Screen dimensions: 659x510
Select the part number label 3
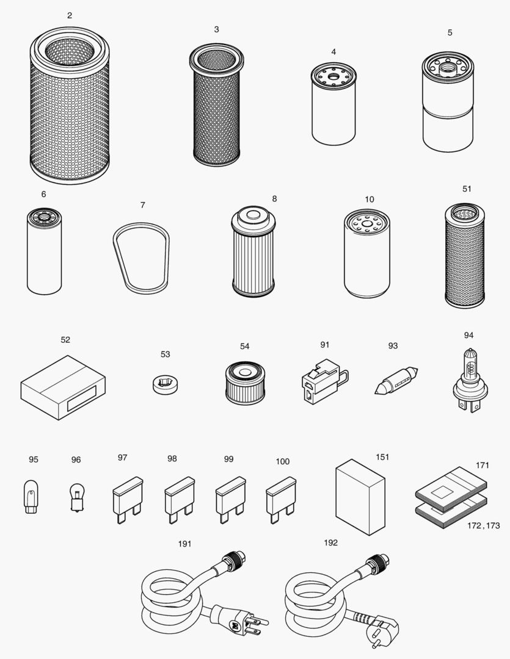pos(216,29)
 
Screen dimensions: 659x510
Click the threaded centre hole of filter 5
pos(448,65)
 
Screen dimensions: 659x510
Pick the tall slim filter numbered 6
pos(45,251)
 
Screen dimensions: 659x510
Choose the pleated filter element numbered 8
pos(253,251)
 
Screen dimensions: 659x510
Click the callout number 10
pos(369,200)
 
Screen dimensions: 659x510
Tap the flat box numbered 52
pos(63,387)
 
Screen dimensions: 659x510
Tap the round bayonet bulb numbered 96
pos(76,496)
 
